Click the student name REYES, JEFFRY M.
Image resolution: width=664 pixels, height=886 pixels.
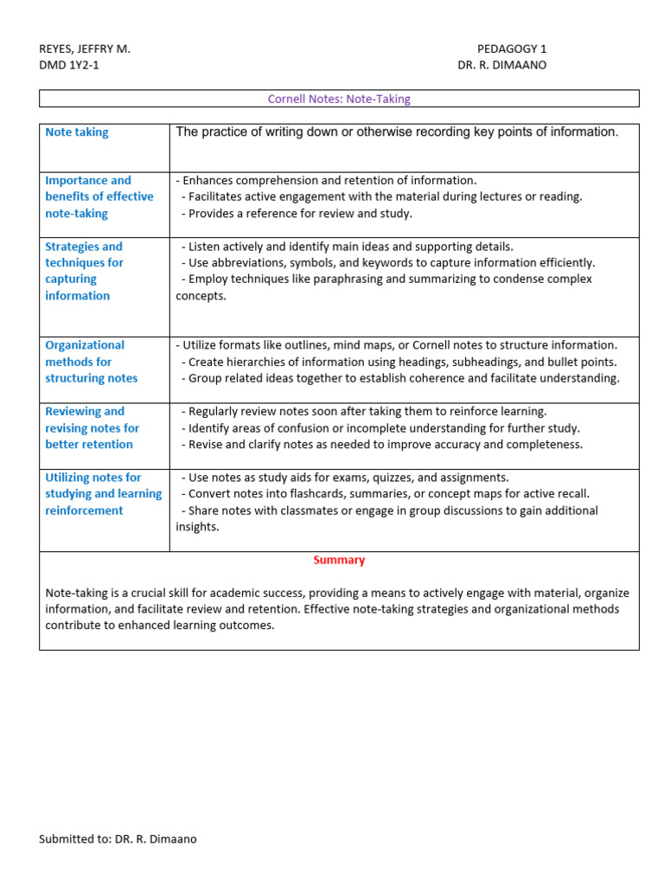point(85,49)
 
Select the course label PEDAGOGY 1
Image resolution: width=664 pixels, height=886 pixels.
point(511,49)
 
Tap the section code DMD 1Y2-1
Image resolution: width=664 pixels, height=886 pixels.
point(69,65)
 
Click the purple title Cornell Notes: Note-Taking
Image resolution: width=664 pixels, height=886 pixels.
point(339,99)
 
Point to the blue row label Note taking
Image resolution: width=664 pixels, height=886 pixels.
point(77,132)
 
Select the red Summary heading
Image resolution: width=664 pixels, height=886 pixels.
point(339,560)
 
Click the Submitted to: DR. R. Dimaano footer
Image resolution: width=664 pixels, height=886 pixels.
point(118,839)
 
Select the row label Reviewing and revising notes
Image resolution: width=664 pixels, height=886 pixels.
point(92,427)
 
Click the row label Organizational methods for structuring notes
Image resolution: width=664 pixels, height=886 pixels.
point(91,362)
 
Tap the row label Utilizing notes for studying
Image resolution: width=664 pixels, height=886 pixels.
point(103,493)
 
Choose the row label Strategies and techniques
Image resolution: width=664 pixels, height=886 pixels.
point(84,271)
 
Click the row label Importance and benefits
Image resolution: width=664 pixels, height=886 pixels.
point(99,196)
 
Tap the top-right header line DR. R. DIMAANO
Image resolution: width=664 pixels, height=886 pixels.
point(502,65)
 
